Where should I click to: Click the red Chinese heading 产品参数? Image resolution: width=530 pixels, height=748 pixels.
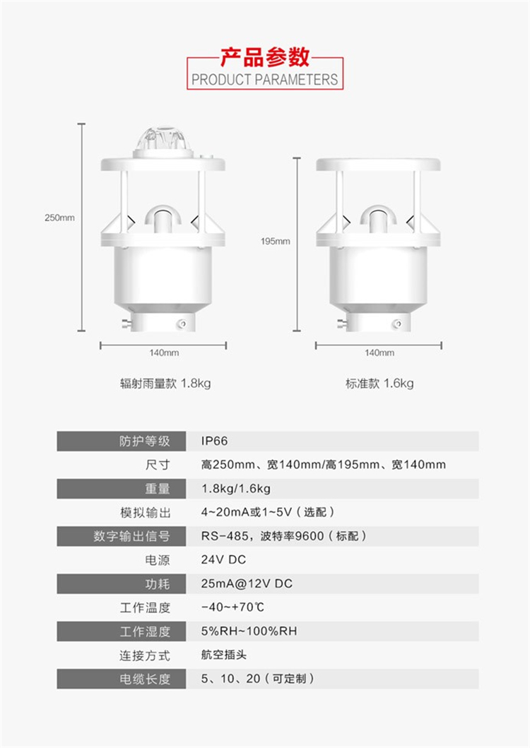pos(264,57)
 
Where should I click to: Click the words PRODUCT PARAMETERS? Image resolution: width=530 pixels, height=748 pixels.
pos(264,79)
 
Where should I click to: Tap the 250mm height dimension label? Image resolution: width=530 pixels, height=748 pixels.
pos(59,218)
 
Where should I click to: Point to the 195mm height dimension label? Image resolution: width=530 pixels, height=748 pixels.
pos(275,241)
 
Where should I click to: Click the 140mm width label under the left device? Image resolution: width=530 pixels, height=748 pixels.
pos(164,352)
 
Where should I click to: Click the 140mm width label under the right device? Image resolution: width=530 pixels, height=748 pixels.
pos(379,352)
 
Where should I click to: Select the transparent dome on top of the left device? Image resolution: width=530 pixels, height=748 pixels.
pos(163,139)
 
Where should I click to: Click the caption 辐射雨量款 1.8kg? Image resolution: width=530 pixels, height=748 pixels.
pos(165,383)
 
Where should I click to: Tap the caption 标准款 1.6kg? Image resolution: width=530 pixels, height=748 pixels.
pos(379,383)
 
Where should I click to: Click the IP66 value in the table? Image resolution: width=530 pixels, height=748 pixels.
pos(214,441)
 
